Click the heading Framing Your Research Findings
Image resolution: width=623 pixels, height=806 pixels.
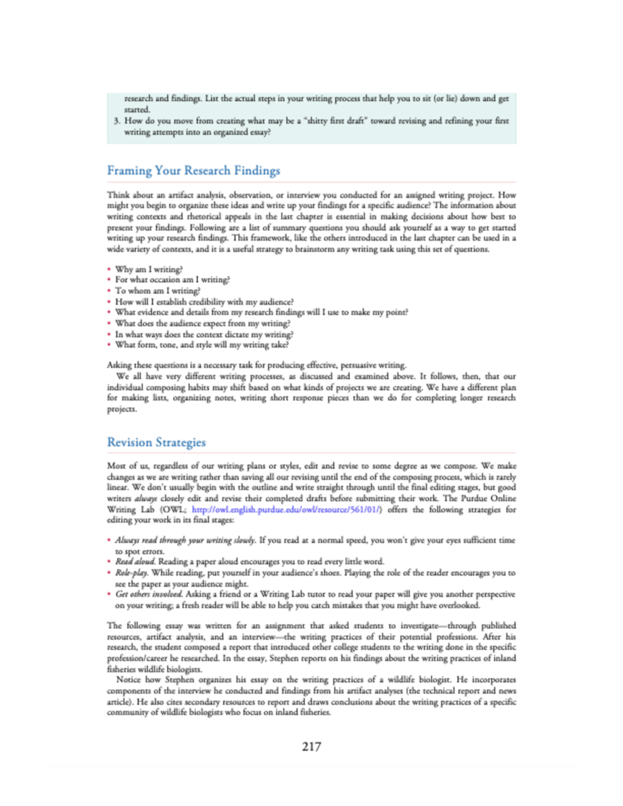click(193, 171)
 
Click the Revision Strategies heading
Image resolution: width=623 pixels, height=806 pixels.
click(156, 442)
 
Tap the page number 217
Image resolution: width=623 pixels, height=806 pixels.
click(311, 746)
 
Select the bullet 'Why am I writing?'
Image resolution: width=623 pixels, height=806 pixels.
click(148, 269)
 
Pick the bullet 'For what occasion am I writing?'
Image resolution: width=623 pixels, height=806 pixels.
click(172, 280)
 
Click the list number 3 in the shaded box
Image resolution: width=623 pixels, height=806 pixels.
click(117, 121)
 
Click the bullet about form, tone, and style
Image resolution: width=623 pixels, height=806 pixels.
click(201, 345)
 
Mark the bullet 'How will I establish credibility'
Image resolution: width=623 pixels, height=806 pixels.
click(204, 302)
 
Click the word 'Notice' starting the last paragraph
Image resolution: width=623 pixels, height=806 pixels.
click(128, 680)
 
